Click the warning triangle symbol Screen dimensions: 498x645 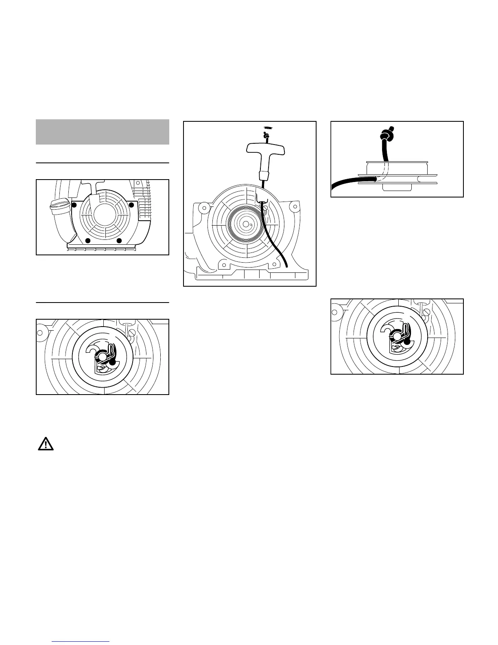tap(46, 443)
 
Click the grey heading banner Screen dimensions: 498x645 tap(102, 132)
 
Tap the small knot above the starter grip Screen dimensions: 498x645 tap(266, 135)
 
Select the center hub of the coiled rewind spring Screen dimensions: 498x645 tap(245, 223)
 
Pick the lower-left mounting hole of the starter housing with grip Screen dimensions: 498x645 tap(222, 265)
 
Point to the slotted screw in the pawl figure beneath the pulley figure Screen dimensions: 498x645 tap(426, 312)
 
